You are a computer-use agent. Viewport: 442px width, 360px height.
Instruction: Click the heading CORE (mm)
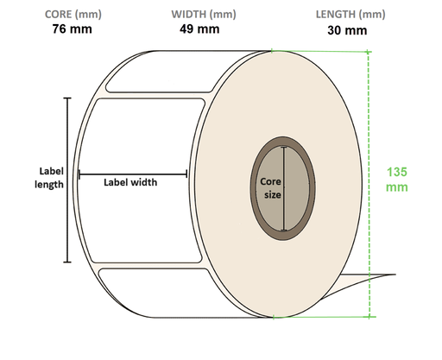click(73, 15)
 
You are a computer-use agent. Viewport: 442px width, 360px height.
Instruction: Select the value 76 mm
click(73, 29)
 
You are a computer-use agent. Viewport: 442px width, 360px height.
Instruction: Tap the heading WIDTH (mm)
click(204, 15)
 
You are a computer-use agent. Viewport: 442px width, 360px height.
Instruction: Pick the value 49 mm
click(199, 29)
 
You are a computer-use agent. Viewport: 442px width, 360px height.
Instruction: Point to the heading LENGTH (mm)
click(350, 15)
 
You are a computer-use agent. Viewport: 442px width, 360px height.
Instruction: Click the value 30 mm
click(347, 30)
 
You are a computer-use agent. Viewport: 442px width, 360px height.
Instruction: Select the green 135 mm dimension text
click(397, 180)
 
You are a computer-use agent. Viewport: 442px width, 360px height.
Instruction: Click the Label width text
click(130, 182)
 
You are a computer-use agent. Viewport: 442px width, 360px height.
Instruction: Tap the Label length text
click(49, 178)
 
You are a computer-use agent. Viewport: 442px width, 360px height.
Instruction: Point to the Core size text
click(270, 188)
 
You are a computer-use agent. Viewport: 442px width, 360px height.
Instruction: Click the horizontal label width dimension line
click(133, 174)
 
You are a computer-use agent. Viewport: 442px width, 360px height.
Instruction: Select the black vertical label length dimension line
click(67, 180)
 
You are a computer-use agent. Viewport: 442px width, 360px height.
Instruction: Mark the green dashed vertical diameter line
click(369, 184)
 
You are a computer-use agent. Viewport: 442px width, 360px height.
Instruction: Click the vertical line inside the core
click(284, 189)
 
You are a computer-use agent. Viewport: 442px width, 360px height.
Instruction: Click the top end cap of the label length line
click(67, 98)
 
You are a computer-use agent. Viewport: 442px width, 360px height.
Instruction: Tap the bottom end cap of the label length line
click(67, 262)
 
